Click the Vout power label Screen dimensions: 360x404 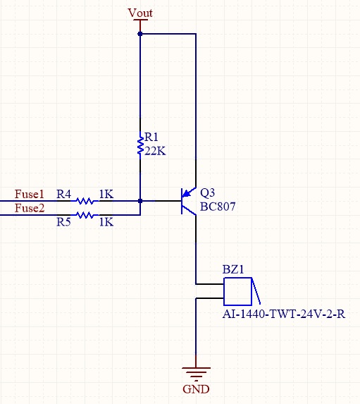tap(140, 13)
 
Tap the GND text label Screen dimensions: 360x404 tap(196, 389)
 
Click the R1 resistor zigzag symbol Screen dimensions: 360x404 tap(140, 145)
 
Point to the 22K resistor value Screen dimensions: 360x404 tap(155, 152)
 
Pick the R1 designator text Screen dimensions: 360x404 tap(151, 137)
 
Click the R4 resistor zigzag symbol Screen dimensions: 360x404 tap(85, 201)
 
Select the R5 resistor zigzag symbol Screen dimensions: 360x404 tap(85, 214)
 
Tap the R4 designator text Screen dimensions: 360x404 tap(63, 194)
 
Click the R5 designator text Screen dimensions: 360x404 tap(63, 222)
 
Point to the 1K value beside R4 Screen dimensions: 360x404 tap(106, 194)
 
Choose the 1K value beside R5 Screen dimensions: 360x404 tap(106, 222)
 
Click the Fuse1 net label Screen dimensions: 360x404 tap(30, 194)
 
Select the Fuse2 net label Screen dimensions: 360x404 tap(30, 208)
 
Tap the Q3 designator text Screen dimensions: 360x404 tap(207, 192)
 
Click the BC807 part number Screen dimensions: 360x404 tap(218, 207)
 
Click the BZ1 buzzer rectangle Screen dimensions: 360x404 tap(237, 291)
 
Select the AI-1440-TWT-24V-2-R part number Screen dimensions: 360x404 tap(284, 314)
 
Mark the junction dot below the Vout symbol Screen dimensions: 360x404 tap(140, 34)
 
